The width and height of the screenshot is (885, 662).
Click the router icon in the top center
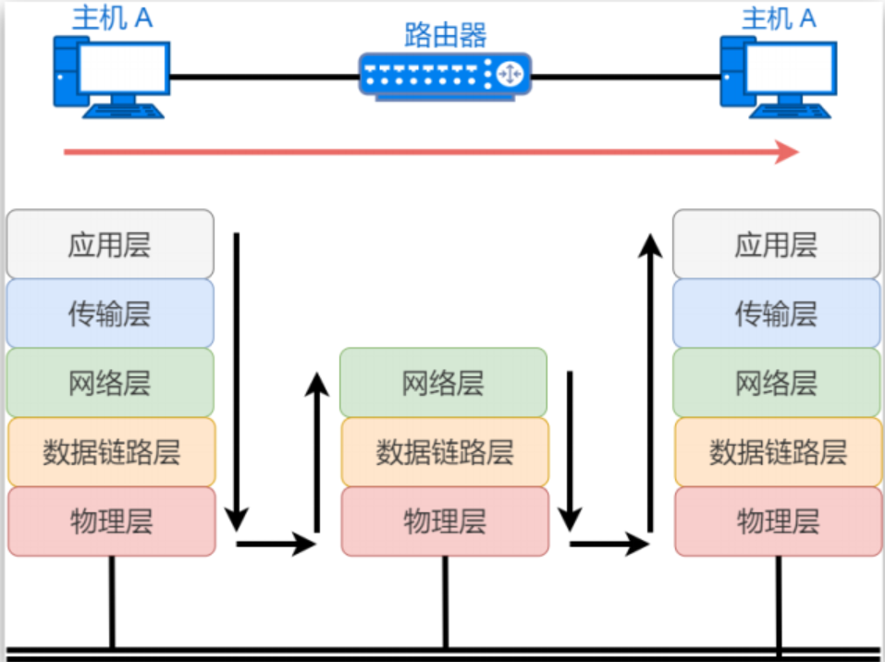445,74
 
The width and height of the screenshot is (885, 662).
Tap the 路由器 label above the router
445,35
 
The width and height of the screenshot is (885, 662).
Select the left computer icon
112,78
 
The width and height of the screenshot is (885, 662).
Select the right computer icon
779,78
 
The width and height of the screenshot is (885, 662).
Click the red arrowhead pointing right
787,152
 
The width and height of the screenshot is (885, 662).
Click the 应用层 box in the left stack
110,244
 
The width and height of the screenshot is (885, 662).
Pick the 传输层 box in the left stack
110,313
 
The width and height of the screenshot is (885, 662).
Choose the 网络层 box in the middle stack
443,383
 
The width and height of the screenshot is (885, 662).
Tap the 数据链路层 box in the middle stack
444,452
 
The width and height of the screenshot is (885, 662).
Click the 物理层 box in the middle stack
445,521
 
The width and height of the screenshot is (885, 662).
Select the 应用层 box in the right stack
777,244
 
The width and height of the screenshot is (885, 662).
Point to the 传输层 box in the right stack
777,313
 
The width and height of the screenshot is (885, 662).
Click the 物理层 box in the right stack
778,521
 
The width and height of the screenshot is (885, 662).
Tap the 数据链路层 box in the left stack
111,452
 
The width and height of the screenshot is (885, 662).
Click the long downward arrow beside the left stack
237,379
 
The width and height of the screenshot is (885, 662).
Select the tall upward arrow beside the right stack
651,379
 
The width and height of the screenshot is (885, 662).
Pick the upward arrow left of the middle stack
317,453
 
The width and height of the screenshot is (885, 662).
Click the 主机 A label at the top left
112,18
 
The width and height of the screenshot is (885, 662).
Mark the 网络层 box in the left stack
110,383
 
